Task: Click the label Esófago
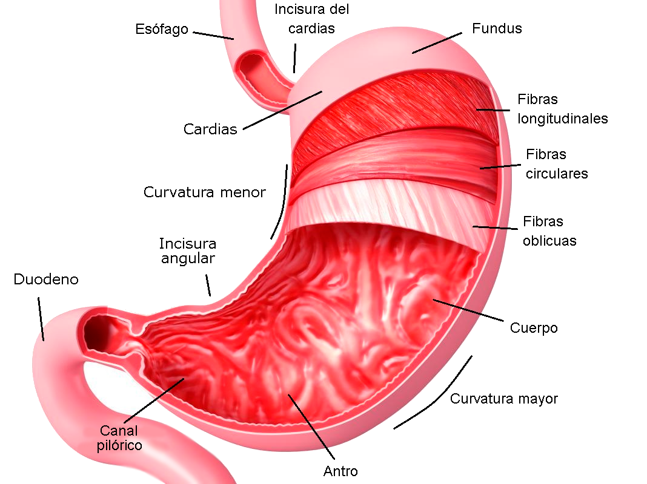point(162,29)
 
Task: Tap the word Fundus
point(497,28)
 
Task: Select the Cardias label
point(210,129)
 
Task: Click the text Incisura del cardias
point(311,19)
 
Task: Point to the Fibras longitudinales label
point(562,109)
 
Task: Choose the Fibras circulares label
point(556,164)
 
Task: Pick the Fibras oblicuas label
point(549,231)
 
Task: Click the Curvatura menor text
point(204,192)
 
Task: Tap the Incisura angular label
point(188,251)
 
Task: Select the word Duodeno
point(46,280)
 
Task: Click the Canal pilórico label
point(119,438)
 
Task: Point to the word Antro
point(340,471)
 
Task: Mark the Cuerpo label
point(534,328)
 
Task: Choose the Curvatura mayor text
point(503,399)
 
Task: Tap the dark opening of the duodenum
point(96,332)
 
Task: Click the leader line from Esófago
point(213,35)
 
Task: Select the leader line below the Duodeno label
point(41,318)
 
